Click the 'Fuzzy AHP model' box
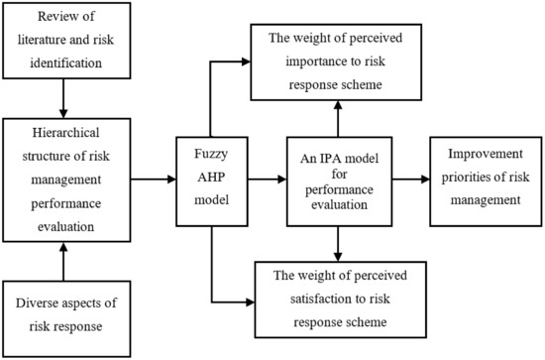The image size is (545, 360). tap(214, 180)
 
